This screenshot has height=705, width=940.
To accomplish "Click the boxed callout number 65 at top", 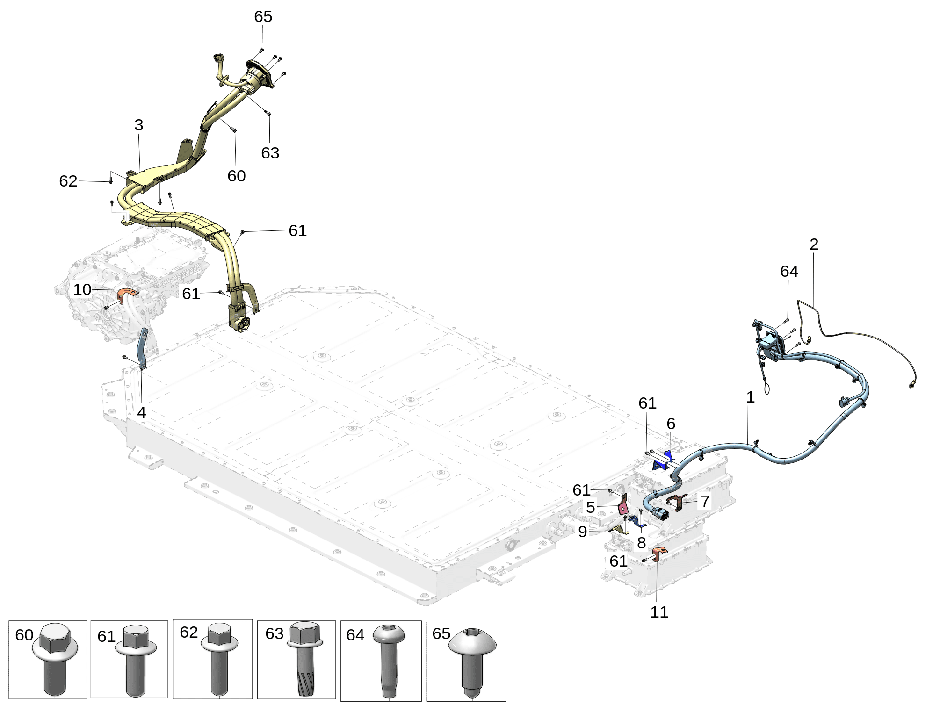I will click(x=263, y=16).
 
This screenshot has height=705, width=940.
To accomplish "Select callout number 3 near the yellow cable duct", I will click(x=138, y=125).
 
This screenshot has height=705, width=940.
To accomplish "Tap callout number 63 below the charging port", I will click(x=270, y=153).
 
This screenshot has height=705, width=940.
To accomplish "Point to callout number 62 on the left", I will click(x=68, y=181).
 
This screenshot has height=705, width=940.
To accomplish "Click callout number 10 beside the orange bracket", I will click(x=82, y=289).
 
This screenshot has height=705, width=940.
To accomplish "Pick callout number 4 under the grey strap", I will click(x=141, y=412).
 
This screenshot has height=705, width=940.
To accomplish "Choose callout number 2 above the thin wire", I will click(x=814, y=244).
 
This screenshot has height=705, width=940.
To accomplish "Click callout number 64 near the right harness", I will click(x=789, y=271).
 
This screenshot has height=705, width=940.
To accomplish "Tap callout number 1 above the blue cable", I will click(x=750, y=397).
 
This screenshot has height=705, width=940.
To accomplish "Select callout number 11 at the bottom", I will click(x=658, y=612).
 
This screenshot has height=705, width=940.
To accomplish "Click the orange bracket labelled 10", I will click(x=126, y=295).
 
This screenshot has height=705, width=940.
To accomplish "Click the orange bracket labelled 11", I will click(x=658, y=554).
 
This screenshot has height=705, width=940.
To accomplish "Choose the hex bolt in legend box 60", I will click(x=55, y=659).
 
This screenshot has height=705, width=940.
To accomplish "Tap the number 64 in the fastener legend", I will click(x=355, y=635).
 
